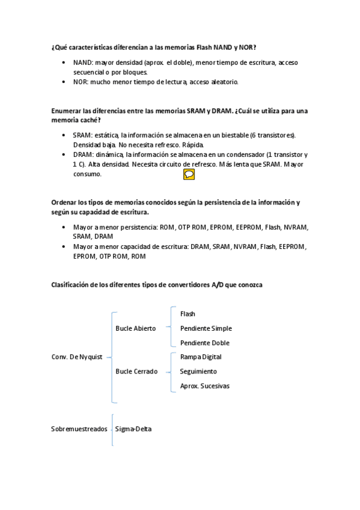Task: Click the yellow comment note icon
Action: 189,174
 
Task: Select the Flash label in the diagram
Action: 188,314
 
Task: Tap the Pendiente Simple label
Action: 206,328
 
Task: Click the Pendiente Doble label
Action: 204,343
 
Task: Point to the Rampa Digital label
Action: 200,357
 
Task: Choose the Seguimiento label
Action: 198,371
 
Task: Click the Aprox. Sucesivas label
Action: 204,386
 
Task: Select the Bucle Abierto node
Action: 135,328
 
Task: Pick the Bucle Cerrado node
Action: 136,371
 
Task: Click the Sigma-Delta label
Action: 133,429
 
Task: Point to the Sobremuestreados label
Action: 79,429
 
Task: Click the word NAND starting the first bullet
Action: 82,63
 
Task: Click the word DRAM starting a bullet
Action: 82,155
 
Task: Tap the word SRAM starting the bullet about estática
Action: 82,135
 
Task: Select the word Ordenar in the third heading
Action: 65,203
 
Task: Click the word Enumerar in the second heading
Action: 67,111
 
